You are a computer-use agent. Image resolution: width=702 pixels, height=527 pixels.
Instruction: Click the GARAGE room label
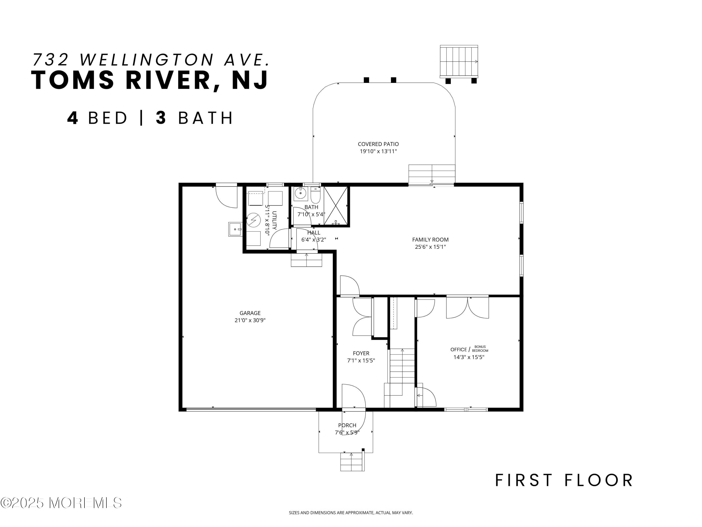pos(250,313)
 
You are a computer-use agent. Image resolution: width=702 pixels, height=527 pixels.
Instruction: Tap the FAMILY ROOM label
pos(430,240)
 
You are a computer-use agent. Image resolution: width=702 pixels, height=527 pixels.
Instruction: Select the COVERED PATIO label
pos(378,144)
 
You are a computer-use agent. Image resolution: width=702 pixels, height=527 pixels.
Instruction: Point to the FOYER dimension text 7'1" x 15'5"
pos(361,360)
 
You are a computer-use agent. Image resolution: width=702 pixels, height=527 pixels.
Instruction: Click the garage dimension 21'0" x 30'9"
pos(250,320)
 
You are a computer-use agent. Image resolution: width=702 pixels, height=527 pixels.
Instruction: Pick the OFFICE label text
pos(458,349)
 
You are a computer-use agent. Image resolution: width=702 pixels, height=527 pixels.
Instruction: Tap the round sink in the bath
pos(300,193)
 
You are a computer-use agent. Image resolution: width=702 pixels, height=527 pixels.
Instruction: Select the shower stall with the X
pos(336,206)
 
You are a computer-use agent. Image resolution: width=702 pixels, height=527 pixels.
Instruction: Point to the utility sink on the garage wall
pos(235,229)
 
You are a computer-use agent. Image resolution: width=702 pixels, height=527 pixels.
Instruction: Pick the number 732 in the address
pos(51,59)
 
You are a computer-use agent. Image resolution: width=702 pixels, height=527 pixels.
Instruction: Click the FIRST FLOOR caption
pos(564,480)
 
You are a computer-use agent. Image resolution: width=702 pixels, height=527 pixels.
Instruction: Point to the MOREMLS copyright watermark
pos(61,503)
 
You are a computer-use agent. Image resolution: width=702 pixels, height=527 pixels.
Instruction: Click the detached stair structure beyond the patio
pos(459,62)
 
